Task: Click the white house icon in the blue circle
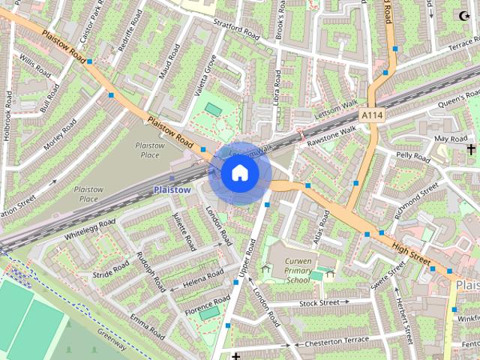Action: pos(240,172)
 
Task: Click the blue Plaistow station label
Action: pos(172,190)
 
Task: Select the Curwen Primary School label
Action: pos(287,270)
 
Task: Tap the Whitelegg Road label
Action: pos(90,229)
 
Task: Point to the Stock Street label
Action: pos(319,303)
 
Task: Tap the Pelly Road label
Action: pos(413,158)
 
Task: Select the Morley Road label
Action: pos(61,133)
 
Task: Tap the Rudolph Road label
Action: pos(151,270)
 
